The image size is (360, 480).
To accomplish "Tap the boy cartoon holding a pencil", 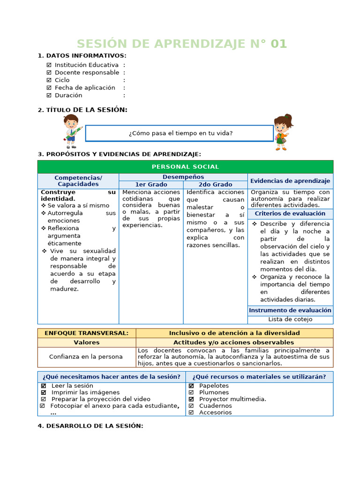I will [x=72, y=130].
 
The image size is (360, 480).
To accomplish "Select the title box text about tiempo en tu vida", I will [x=180, y=133].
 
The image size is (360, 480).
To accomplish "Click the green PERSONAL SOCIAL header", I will [x=185, y=167].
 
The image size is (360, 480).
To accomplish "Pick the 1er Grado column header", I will [x=151, y=185].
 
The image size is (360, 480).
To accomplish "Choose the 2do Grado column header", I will [x=215, y=185].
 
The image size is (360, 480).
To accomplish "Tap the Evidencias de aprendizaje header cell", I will [x=290, y=181].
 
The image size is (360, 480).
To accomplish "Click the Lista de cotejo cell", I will [x=290, y=319].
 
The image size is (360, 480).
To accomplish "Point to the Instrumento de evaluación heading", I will [x=290, y=310].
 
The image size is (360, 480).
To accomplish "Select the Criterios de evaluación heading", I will [x=290, y=214].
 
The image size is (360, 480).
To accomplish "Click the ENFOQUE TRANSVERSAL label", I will [x=86, y=333].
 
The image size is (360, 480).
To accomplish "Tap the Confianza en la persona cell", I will [x=86, y=357].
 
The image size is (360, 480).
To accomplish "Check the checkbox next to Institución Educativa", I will [x=49, y=65].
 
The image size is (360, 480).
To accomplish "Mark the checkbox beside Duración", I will [x=49, y=95].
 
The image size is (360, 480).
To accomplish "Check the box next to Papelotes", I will [x=191, y=386].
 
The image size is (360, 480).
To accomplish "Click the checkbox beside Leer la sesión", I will [x=44, y=386].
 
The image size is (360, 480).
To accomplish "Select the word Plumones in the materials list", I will [x=214, y=392].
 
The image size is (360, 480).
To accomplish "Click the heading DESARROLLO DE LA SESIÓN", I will [x=90, y=426].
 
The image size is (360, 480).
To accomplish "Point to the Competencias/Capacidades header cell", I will [x=78, y=181].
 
